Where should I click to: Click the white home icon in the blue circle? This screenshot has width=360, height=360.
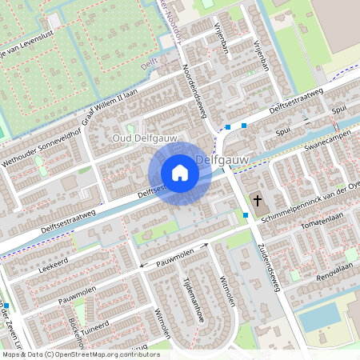coord(179,172)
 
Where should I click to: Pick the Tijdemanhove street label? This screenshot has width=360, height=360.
coord(192,296)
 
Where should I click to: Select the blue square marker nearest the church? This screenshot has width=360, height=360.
coord(245,214)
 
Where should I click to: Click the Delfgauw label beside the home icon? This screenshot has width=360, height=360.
coord(222,160)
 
